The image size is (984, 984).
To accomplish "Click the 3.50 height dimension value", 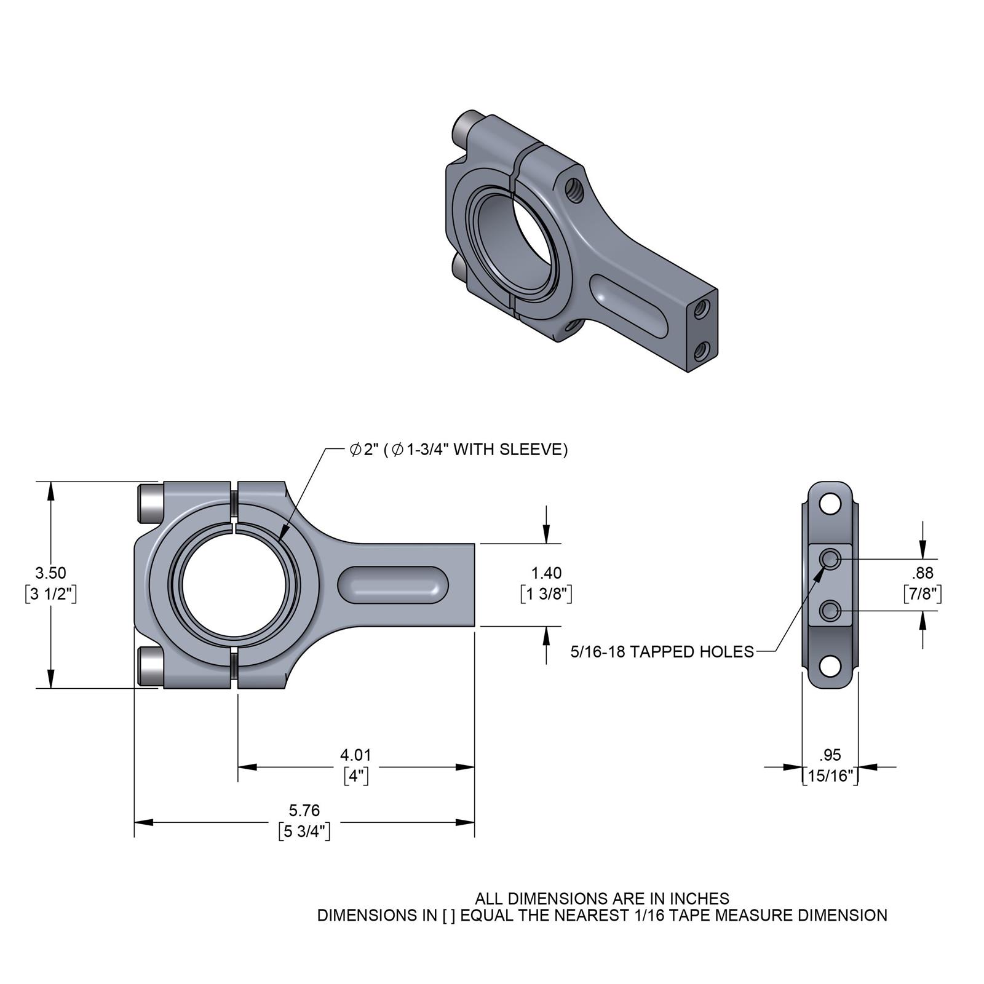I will click(50, 573).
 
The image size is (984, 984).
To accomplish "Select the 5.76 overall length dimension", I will click(304, 810).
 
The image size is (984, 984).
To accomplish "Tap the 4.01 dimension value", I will click(355, 755).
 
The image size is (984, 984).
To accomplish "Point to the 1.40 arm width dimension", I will click(546, 573).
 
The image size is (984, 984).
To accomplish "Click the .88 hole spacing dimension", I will click(922, 573).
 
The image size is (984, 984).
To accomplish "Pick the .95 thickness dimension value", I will click(830, 755).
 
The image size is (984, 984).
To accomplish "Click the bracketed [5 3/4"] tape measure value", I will click(304, 831).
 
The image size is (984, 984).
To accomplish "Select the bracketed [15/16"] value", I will click(830, 776).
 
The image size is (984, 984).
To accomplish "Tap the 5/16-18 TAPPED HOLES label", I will click(662, 652).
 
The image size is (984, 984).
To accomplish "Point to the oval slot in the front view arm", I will click(392, 584).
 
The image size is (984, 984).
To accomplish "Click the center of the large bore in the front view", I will click(234, 584).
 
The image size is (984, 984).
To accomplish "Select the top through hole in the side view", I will click(830, 505).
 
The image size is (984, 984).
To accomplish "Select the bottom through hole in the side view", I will click(830, 666).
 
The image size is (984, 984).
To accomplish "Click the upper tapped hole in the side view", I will click(831, 559).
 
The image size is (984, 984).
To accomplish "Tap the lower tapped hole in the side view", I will click(831, 611).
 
